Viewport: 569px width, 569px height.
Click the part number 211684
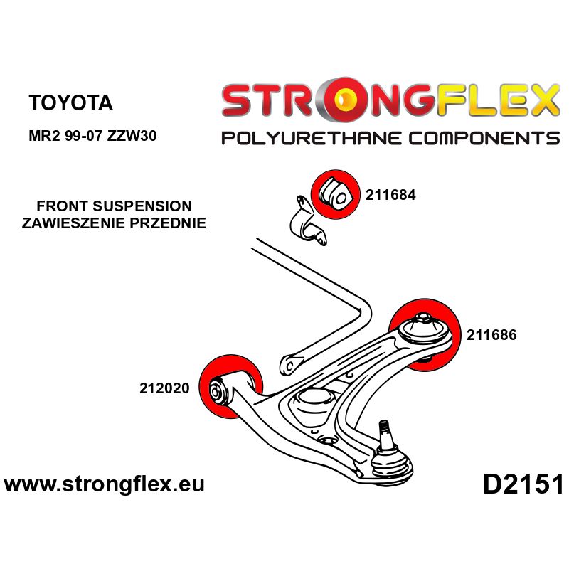click(x=390, y=193)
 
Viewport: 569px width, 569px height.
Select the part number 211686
click(x=491, y=334)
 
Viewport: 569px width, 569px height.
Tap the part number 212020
click(x=164, y=388)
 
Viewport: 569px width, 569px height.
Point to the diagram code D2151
click(x=523, y=485)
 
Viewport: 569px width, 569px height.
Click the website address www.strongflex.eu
click(x=105, y=485)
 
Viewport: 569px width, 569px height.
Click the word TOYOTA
click(x=70, y=102)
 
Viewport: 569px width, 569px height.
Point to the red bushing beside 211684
click(x=334, y=192)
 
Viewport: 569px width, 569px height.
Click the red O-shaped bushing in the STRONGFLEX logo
click(x=340, y=102)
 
